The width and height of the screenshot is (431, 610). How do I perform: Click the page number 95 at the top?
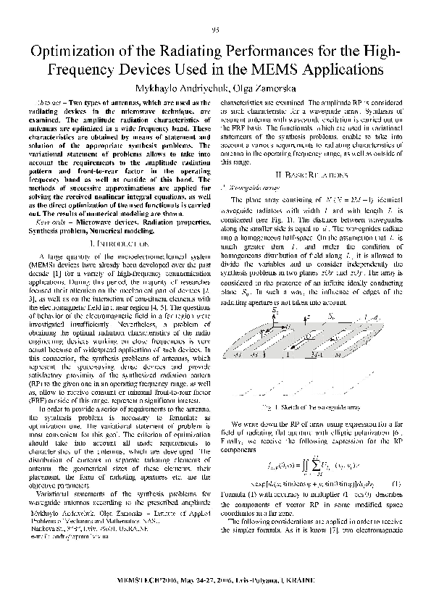point(215,29)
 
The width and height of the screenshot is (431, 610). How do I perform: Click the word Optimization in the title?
point(77,52)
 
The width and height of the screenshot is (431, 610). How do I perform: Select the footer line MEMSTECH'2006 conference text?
point(215,580)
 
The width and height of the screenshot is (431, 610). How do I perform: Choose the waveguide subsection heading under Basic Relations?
point(254,186)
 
